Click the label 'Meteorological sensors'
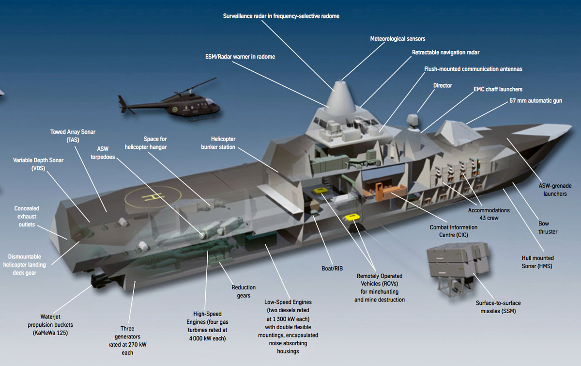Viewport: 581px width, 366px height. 398,39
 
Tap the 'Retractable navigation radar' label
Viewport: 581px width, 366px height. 445,52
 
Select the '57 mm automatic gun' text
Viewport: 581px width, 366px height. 535,100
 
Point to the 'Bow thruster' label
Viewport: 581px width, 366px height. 548,227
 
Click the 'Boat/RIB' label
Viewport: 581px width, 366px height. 332,269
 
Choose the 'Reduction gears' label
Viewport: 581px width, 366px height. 244,291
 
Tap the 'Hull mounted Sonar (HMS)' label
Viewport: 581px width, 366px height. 537,262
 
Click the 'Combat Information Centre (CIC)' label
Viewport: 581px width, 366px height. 453,231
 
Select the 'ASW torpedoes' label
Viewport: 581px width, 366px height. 103,153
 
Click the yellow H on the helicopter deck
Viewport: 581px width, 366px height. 153,197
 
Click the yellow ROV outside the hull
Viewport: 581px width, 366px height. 352,218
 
